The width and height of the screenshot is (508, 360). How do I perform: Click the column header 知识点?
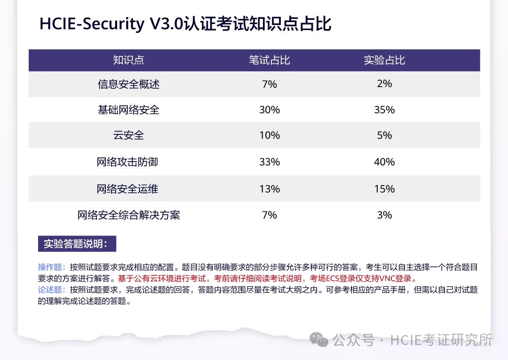point(128,60)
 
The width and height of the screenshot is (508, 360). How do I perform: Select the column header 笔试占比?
point(270,60)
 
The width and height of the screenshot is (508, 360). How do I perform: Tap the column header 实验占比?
point(384,60)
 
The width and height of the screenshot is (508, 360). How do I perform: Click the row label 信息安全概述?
point(128,84)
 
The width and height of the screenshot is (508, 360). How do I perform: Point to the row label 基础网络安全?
point(128,110)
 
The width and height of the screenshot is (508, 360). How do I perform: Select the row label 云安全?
point(128,135)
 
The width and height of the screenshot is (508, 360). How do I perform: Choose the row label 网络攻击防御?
point(127,162)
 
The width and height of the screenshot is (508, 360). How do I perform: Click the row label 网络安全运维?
point(127,189)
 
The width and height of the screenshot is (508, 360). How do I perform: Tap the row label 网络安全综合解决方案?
point(128,215)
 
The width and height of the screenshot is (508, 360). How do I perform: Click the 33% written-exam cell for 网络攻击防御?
point(270,162)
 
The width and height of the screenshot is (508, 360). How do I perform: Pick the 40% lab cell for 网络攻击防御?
point(384,162)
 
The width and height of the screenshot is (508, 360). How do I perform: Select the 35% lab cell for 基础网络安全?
point(384,110)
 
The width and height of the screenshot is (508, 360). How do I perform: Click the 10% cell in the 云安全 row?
point(270,135)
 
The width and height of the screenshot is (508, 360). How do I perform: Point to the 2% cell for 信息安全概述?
point(384,84)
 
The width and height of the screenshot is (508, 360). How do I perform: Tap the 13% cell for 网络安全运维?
point(270,189)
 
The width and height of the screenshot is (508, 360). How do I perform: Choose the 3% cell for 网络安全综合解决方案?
point(384,215)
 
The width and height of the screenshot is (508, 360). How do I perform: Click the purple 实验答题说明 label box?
point(77,244)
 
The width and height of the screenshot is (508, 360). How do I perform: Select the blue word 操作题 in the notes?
point(50,267)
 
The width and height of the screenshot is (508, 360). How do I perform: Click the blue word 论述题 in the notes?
point(50,290)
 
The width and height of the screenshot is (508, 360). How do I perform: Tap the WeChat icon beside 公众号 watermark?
point(322,340)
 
